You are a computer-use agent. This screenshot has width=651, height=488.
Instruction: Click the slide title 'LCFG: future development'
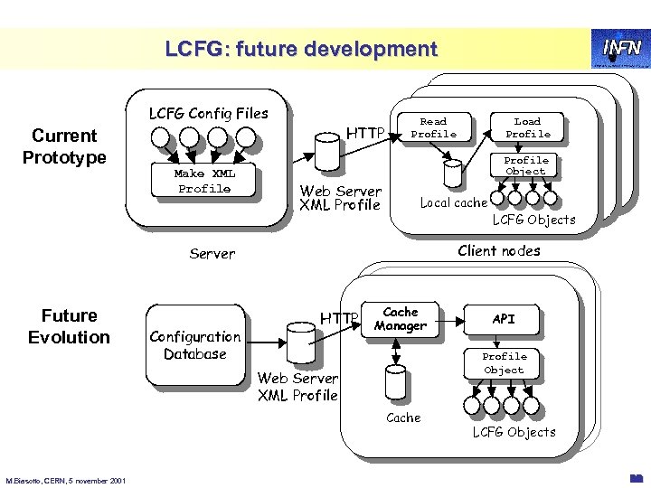tap(300, 49)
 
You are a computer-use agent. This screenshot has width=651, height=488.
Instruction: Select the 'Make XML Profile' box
tap(203, 181)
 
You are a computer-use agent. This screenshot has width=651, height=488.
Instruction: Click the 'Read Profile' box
tap(433, 127)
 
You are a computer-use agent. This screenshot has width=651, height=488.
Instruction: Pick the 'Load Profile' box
tap(527, 127)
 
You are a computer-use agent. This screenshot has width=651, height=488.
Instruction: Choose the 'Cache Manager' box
tap(400, 319)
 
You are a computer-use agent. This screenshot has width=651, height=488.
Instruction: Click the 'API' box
tap(504, 319)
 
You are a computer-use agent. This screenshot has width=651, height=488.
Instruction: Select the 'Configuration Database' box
tap(194, 344)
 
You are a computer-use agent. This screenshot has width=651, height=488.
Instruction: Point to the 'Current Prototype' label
tap(63, 146)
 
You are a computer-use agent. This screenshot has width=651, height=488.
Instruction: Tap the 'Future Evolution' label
tap(69, 326)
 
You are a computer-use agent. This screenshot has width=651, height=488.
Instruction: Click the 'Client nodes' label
tap(499, 250)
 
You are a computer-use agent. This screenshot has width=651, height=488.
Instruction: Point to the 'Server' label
tap(212, 254)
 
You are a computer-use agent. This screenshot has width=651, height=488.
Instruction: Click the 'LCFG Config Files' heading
tap(208, 113)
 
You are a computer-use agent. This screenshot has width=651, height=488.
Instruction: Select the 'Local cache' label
tap(454, 202)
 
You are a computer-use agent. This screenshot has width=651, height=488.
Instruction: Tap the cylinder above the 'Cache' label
tap(394, 383)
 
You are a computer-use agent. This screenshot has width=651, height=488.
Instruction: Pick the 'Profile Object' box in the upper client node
tap(525, 165)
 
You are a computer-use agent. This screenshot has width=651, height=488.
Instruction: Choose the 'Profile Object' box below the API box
tap(504, 362)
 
